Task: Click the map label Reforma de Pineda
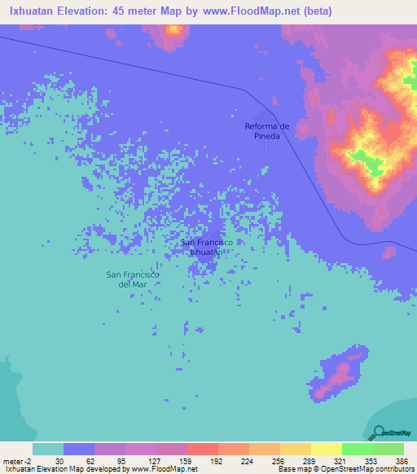[x=268, y=130]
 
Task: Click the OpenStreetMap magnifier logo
[x=377, y=432]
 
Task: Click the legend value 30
[x=59, y=460]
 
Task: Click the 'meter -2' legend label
[x=16, y=460]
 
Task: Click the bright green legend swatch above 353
[x=357, y=449]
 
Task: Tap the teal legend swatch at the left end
[x=48, y=449]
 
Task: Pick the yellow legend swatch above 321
[x=326, y=449]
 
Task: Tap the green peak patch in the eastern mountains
[x=371, y=162]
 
